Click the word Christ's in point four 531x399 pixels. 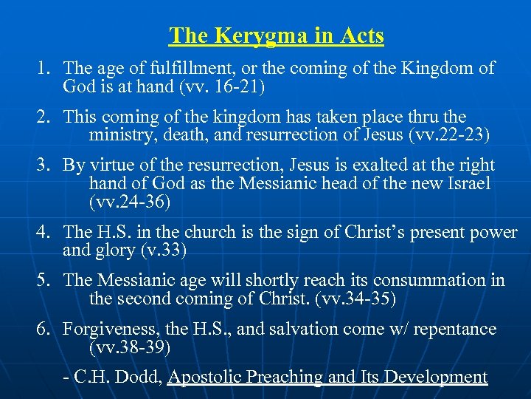pyautogui.click(x=364, y=233)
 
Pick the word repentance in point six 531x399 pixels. pyautogui.click(x=455, y=329)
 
